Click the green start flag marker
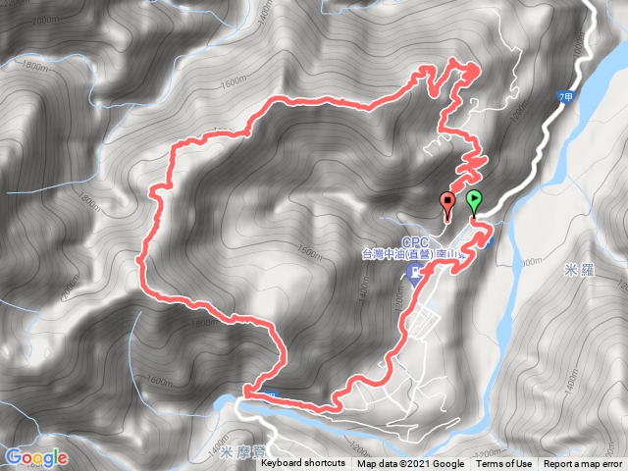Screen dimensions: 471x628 tap(475, 201)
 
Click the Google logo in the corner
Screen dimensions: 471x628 tap(36, 457)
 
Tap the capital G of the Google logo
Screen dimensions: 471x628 tap(15, 457)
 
